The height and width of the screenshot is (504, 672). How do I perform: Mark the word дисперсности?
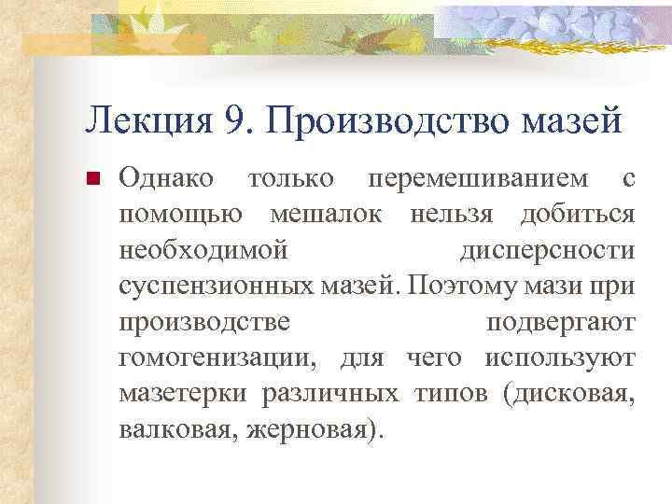pos(548,251)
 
